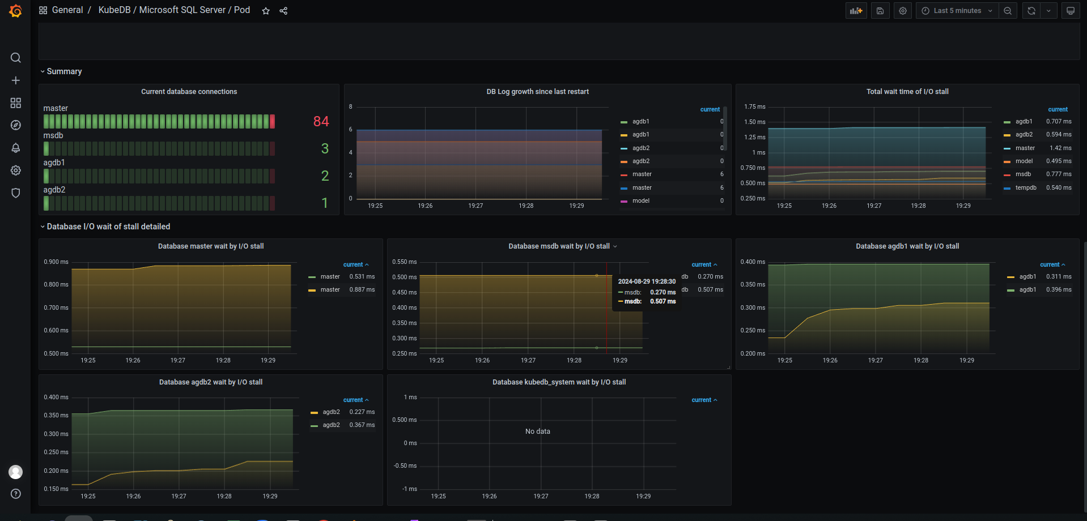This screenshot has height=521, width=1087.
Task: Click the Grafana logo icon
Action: pos(15,11)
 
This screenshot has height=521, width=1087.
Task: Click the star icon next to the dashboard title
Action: pos(266,11)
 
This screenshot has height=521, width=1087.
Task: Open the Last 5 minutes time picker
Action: pos(957,11)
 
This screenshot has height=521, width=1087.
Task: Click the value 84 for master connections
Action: pos(321,121)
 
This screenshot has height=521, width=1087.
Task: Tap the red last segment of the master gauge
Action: pos(272,121)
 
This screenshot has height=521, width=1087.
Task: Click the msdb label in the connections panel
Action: pos(53,135)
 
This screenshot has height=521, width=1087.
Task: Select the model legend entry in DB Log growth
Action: pos(640,200)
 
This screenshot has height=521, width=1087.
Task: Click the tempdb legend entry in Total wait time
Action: pos(1025,187)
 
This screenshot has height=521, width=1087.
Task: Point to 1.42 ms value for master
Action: pos(1060,148)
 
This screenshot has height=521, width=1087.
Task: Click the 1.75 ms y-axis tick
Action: pos(754,106)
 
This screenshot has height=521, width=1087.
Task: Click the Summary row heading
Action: pos(64,71)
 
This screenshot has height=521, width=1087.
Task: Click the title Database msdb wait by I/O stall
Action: pos(559,246)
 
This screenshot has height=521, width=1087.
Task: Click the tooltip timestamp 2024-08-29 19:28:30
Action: pos(647,281)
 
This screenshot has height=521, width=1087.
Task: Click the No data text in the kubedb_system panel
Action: pos(537,432)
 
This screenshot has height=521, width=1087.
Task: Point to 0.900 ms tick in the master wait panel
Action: pos(56,262)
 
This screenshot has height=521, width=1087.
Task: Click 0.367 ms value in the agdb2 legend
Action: pos(362,425)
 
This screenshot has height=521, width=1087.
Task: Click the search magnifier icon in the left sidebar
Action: pos(16,58)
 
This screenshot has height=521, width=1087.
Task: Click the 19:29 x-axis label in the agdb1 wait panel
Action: pos(966,360)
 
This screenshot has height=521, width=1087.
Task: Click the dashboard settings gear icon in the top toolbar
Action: pos(903,11)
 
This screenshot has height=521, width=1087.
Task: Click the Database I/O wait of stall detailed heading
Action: pos(108,227)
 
